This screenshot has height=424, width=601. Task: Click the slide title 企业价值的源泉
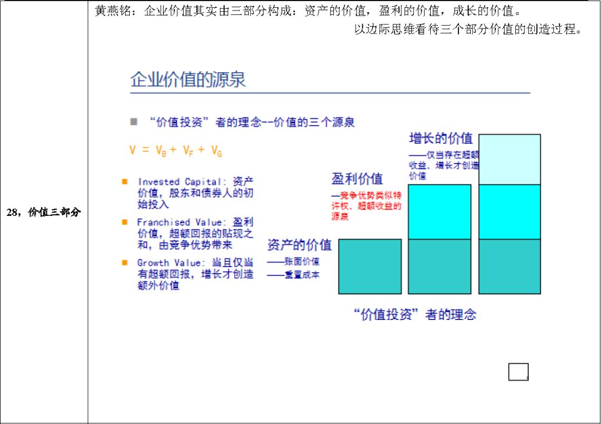pos(188,80)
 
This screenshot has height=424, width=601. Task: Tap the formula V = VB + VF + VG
pos(176,150)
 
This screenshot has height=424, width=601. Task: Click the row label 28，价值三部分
pos(44,212)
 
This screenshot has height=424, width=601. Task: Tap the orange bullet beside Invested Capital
pos(125,181)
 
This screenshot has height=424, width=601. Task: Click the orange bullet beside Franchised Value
pos(125,222)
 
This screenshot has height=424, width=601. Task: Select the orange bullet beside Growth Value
pos(125,262)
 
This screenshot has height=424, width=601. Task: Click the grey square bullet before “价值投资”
pos(134,121)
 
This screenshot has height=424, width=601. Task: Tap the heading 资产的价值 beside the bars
pos(299,245)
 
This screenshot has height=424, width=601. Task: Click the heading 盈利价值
pos(357,179)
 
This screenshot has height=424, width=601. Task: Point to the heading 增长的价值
pos(441,138)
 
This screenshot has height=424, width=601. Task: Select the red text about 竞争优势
pos(366,206)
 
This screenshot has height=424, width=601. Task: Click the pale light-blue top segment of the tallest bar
pos(509,159)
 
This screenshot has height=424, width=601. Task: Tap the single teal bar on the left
pos(370,267)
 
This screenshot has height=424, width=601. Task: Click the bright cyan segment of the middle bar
pos(440,211)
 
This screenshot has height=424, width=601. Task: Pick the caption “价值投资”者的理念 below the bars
pos(415,314)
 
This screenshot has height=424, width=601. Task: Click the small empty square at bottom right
pos(518,372)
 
